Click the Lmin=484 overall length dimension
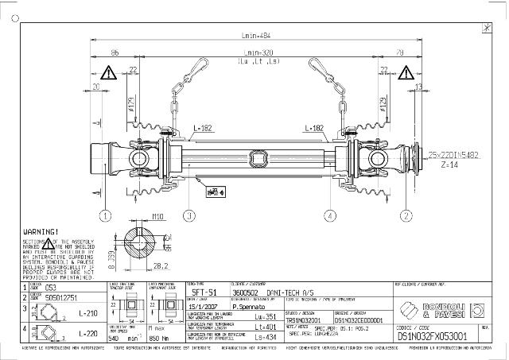[x=255, y=35]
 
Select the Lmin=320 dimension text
[x=255, y=52]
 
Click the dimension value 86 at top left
[x=115, y=52]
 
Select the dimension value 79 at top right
[x=398, y=52]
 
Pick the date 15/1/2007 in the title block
[x=200, y=304]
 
